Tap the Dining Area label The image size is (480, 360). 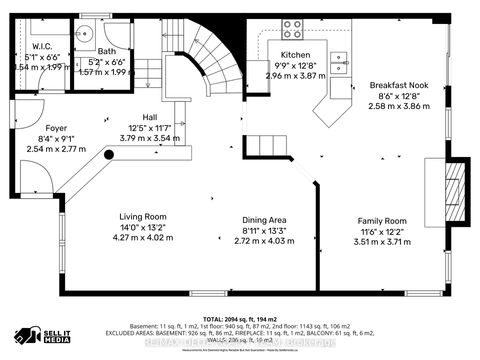[264, 219]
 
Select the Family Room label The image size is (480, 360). [383, 220]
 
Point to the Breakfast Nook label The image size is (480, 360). [398, 86]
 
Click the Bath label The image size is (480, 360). [107, 50]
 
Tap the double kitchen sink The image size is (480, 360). [341, 64]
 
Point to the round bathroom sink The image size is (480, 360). [85, 32]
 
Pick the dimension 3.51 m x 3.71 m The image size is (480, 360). [383, 241]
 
